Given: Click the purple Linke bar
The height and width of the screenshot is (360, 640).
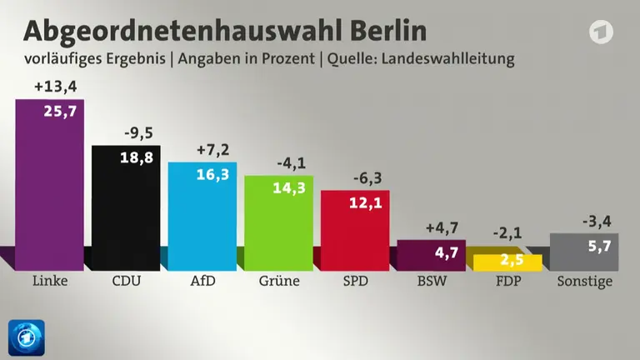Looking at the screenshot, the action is (x=50, y=185).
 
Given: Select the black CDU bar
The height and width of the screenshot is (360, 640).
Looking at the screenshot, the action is (x=126, y=208).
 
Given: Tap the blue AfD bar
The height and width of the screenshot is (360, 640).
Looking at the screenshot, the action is (x=202, y=217).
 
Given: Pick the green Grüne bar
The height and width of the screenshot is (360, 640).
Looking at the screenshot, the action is (x=279, y=223).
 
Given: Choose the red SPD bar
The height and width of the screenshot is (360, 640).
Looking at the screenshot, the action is (x=355, y=231).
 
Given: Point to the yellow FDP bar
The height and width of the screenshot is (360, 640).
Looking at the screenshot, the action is (x=507, y=262).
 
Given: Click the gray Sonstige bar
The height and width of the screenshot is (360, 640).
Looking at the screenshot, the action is (x=584, y=252).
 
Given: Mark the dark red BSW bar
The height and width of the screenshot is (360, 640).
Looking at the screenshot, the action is (x=432, y=256).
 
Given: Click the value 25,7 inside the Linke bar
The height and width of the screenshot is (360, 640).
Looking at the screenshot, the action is (x=60, y=111).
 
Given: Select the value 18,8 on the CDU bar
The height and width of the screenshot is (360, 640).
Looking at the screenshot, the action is (x=137, y=157).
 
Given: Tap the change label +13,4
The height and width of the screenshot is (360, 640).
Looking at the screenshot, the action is (x=56, y=87).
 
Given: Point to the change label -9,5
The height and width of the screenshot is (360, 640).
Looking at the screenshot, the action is (x=139, y=133).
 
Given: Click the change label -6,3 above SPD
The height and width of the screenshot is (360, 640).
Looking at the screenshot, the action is (x=367, y=178).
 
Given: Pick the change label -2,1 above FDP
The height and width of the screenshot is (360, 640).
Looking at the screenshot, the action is (x=507, y=233).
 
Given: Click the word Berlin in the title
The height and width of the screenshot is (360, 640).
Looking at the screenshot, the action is (x=388, y=31).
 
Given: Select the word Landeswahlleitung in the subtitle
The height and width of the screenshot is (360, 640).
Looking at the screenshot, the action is (x=447, y=59).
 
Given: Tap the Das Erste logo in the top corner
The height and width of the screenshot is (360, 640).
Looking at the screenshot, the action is (x=601, y=32).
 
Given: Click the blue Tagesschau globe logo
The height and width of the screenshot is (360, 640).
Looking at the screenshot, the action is (x=27, y=337).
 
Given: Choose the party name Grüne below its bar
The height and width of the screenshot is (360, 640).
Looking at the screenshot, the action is (x=279, y=281).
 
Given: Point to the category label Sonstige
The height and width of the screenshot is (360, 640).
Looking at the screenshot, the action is (x=584, y=281).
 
